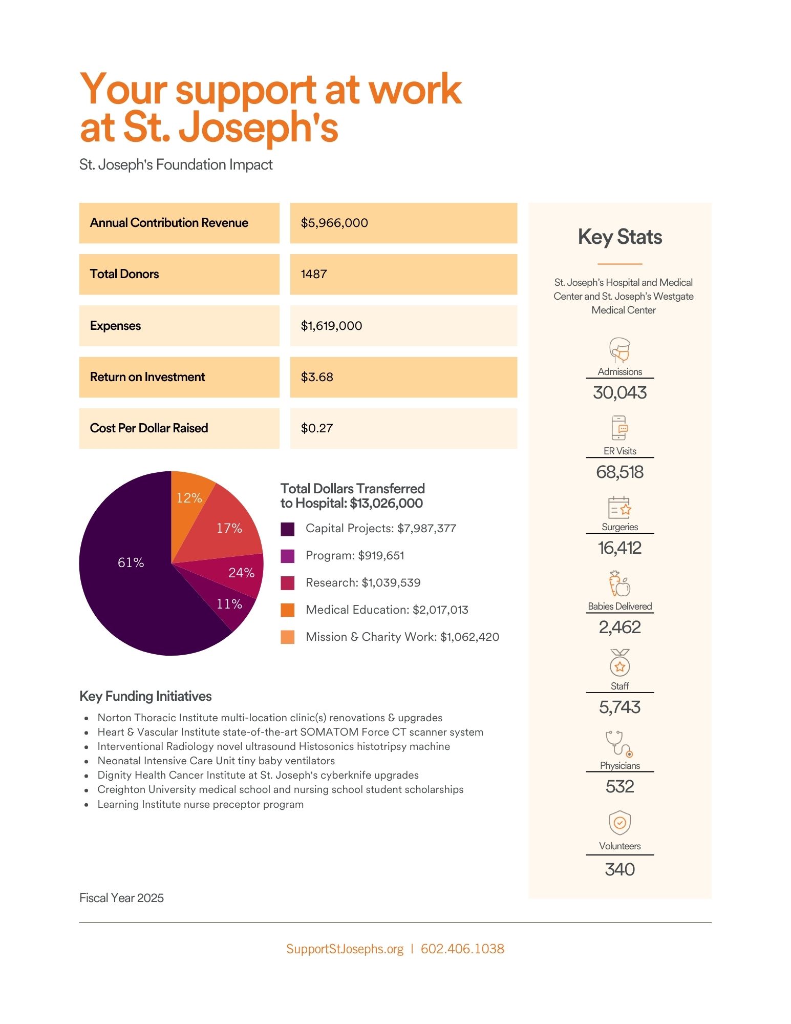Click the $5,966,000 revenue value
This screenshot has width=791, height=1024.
(334, 223)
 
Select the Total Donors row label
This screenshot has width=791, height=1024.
(124, 274)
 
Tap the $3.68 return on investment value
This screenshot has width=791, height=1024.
(317, 377)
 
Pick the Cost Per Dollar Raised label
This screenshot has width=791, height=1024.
(149, 428)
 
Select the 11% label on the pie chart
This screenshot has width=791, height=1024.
(229, 604)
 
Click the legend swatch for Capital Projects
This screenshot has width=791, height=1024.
(288, 529)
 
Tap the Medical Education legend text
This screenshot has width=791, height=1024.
(387, 610)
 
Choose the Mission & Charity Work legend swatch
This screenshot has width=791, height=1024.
(288, 637)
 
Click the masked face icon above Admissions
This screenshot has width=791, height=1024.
(619, 350)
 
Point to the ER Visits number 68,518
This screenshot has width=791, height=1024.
(619, 472)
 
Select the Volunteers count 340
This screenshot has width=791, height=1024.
(619, 869)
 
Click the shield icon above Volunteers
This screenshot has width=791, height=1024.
(619, 823)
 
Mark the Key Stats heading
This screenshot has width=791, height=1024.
(619, 237)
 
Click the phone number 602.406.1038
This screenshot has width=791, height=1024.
(462, 949)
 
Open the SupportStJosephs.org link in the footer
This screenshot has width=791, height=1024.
(345, 949)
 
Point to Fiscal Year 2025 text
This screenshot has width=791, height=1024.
(121, 898)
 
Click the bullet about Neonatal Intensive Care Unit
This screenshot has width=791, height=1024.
(216, 761)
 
